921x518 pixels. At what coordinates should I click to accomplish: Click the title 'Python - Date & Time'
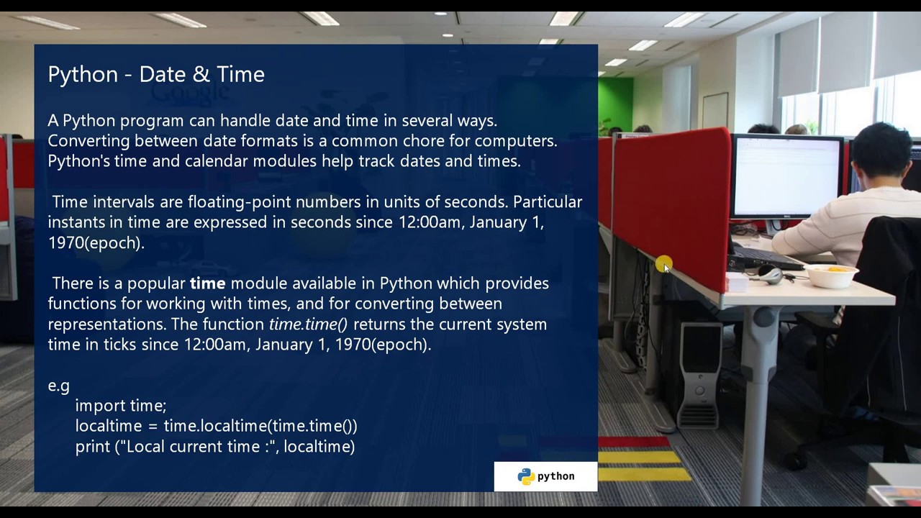(x=156, y=74)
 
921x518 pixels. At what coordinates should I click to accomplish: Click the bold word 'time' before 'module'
(x=207, y=283)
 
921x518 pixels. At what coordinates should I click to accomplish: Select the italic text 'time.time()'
(x=307, y=324)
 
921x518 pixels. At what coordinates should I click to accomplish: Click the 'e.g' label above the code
(x=58, y=386)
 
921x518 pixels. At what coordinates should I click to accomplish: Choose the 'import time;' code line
(x=120, y=406)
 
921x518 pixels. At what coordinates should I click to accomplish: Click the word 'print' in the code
(x=92, y=447)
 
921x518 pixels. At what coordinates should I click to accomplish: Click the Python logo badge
(x=545, y=476)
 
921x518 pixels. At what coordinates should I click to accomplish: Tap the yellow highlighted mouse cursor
(x=663, y=265)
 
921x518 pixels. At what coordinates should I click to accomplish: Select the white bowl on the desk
(x=831, y=275)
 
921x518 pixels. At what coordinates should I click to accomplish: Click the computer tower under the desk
(x=699, y=374)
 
